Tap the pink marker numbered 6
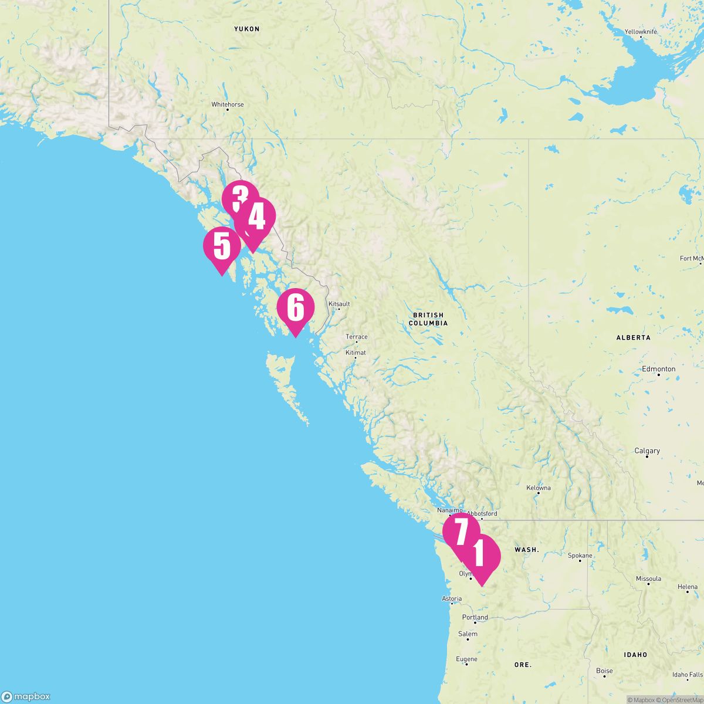point(296,309)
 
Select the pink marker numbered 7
point(461,532)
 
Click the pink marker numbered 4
point(256,218)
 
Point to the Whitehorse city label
point(228,104)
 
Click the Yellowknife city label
point(641,31)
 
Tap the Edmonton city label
point(658,369)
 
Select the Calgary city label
point(647,451)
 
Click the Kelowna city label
point(538,488)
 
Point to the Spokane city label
point(580,556)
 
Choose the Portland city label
point(475,617)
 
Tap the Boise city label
point(604,671)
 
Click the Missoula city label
point(648,578)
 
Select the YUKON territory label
point(246,29)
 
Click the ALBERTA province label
point(633,338)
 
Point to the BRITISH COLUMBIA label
point(428,319)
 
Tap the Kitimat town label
point(356,353)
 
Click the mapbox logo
point(26,696)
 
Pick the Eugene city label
point(466,659)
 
